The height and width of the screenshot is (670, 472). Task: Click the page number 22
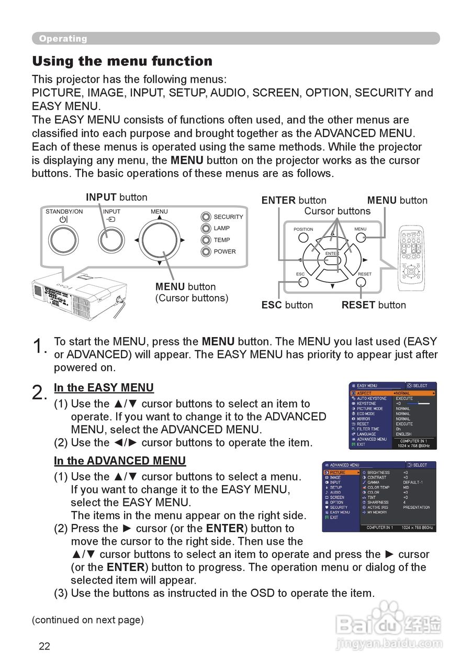pos(44,646)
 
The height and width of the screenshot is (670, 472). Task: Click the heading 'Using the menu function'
pos(122,61)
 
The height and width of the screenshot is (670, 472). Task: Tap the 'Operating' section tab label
pos(63,39)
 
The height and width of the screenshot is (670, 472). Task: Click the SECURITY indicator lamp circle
pos(206,217)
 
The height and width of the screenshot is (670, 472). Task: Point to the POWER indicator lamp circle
pos(206,252)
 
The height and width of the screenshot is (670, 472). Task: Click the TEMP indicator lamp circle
pos(206,240)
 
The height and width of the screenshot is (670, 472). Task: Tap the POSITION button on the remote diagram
pos(304,238)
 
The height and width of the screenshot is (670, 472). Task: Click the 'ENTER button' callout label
pos(294,200)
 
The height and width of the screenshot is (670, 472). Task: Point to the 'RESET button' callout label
pos(374,305)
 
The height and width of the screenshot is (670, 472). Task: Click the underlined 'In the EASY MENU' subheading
pos(104,388)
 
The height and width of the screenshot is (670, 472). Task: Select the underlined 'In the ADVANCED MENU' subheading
pos(120,461)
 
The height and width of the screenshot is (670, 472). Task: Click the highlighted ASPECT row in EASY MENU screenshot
pos(392,393)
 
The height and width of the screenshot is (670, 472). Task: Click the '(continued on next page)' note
pos(87,620)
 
